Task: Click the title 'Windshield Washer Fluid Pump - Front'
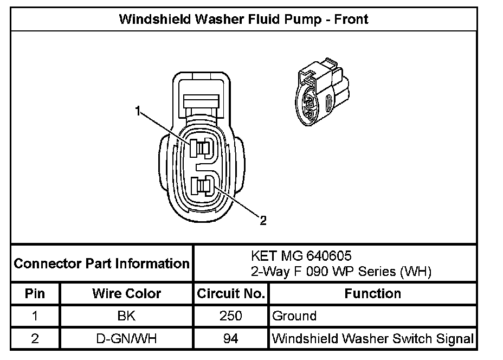tap(243, 20)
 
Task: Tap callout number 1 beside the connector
tap(139, 112)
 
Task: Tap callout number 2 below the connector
tap(263, 220)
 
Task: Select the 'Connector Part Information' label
tap(101, 264)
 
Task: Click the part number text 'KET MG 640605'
tap(296, 255)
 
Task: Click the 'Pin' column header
tap(35, 294)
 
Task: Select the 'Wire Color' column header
tap(127, 294)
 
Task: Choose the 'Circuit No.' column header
tap(230, 294)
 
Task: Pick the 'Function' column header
tap(373, 294)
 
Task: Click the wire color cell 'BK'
tap(127, 316)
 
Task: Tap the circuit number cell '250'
tap(230, 316)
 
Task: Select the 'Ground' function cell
tap(294, 316)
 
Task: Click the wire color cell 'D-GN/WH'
tap(127, 339)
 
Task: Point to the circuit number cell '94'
tap(230, 339)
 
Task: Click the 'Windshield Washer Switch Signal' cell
tap(373, 339)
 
